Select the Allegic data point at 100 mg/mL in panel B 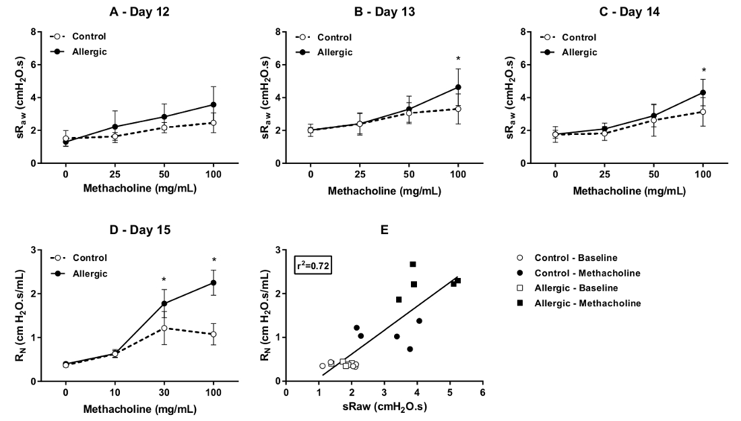click(458, 87)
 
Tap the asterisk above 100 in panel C click(703, 71)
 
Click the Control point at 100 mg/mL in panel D click(214, 334)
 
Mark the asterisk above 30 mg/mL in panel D click(164, 280)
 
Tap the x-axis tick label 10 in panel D click(115, 393)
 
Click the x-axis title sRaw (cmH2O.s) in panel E click(384, 408)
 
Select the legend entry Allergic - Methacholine click(587, 304)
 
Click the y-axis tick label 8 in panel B click(278, 32)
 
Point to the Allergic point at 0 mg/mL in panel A click(65, 142)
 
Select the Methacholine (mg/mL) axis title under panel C click(629, 191)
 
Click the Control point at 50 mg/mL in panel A click(164, 128)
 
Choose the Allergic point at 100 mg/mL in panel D click(214, 283)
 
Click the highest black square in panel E click(413, 264)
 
